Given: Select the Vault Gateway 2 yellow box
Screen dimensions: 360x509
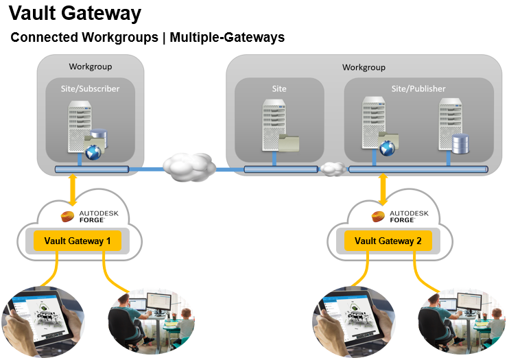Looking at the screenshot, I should click(x=388, y=241).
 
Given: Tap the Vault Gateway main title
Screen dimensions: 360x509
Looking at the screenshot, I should click(x=75, y=13).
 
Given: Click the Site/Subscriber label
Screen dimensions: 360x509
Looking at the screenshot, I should click(x=91, y=89).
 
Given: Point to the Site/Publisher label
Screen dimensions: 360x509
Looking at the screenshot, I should click(x=418, y=89).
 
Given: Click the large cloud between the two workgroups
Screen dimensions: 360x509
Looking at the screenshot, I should click(x=188, y=166).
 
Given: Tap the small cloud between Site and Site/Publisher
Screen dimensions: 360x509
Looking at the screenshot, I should click(x=333, y=168).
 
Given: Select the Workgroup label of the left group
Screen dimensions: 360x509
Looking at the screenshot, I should click(x=91, y=67).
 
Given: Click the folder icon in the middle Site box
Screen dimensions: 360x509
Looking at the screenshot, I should click(x=289, y=142).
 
